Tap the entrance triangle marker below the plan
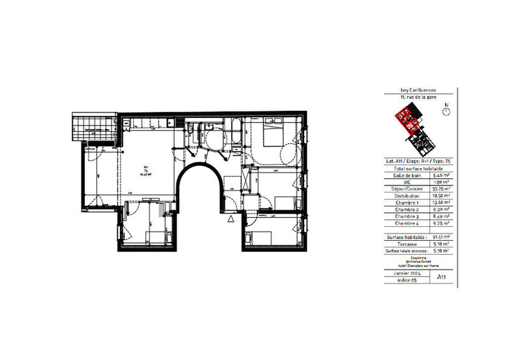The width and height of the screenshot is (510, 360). [231, 219]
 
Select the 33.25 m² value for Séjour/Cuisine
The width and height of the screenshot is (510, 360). [442, 189]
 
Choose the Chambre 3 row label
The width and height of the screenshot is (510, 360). [407, 216]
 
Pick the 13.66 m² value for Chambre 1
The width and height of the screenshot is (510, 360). [442, 202]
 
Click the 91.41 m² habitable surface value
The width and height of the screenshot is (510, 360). [442, 236]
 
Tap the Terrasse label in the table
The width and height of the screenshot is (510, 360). [407, 243]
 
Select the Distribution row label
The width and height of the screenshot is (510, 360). [407, 195]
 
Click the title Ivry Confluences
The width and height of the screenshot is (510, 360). [419, 91]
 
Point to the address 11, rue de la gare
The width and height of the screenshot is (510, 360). [419, 97]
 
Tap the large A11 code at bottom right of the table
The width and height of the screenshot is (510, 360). [442, 277]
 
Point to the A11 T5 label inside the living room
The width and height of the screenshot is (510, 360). [146, 170]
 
